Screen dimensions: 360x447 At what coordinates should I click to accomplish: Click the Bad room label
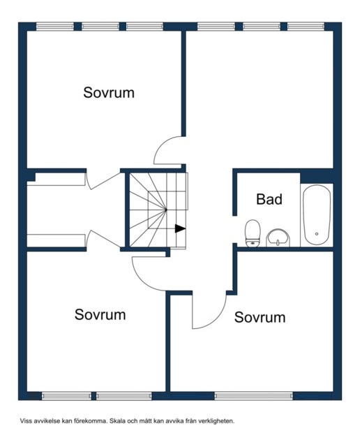(269, 199)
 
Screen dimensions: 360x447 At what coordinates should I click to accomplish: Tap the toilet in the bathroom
(253, 233)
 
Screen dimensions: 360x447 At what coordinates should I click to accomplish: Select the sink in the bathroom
(278, 238)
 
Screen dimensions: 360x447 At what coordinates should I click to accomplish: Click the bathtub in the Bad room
(317, 215)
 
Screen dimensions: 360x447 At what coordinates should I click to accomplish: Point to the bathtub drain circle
(317, 234)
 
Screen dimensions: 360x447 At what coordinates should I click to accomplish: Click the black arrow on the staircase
(180, 228)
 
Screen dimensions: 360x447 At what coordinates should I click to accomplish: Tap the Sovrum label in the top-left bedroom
(109, 93)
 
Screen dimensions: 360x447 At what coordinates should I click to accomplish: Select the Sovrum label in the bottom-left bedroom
(100, 314)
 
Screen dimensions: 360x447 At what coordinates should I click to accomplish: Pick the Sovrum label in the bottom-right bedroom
(260, 317)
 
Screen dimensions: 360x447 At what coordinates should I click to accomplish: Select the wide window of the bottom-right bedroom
(253, 396)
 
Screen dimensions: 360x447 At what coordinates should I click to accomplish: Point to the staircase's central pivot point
(166, 210)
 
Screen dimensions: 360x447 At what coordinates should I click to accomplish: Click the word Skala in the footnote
(117, 420)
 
